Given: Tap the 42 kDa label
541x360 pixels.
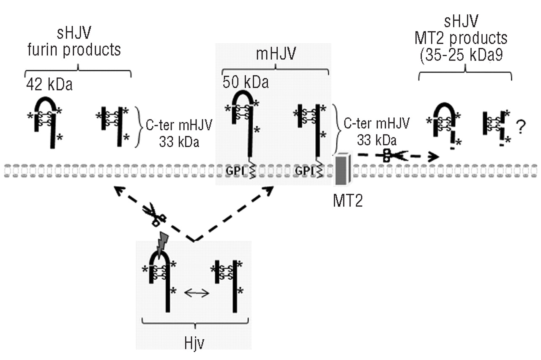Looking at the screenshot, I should pos(49,85).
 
